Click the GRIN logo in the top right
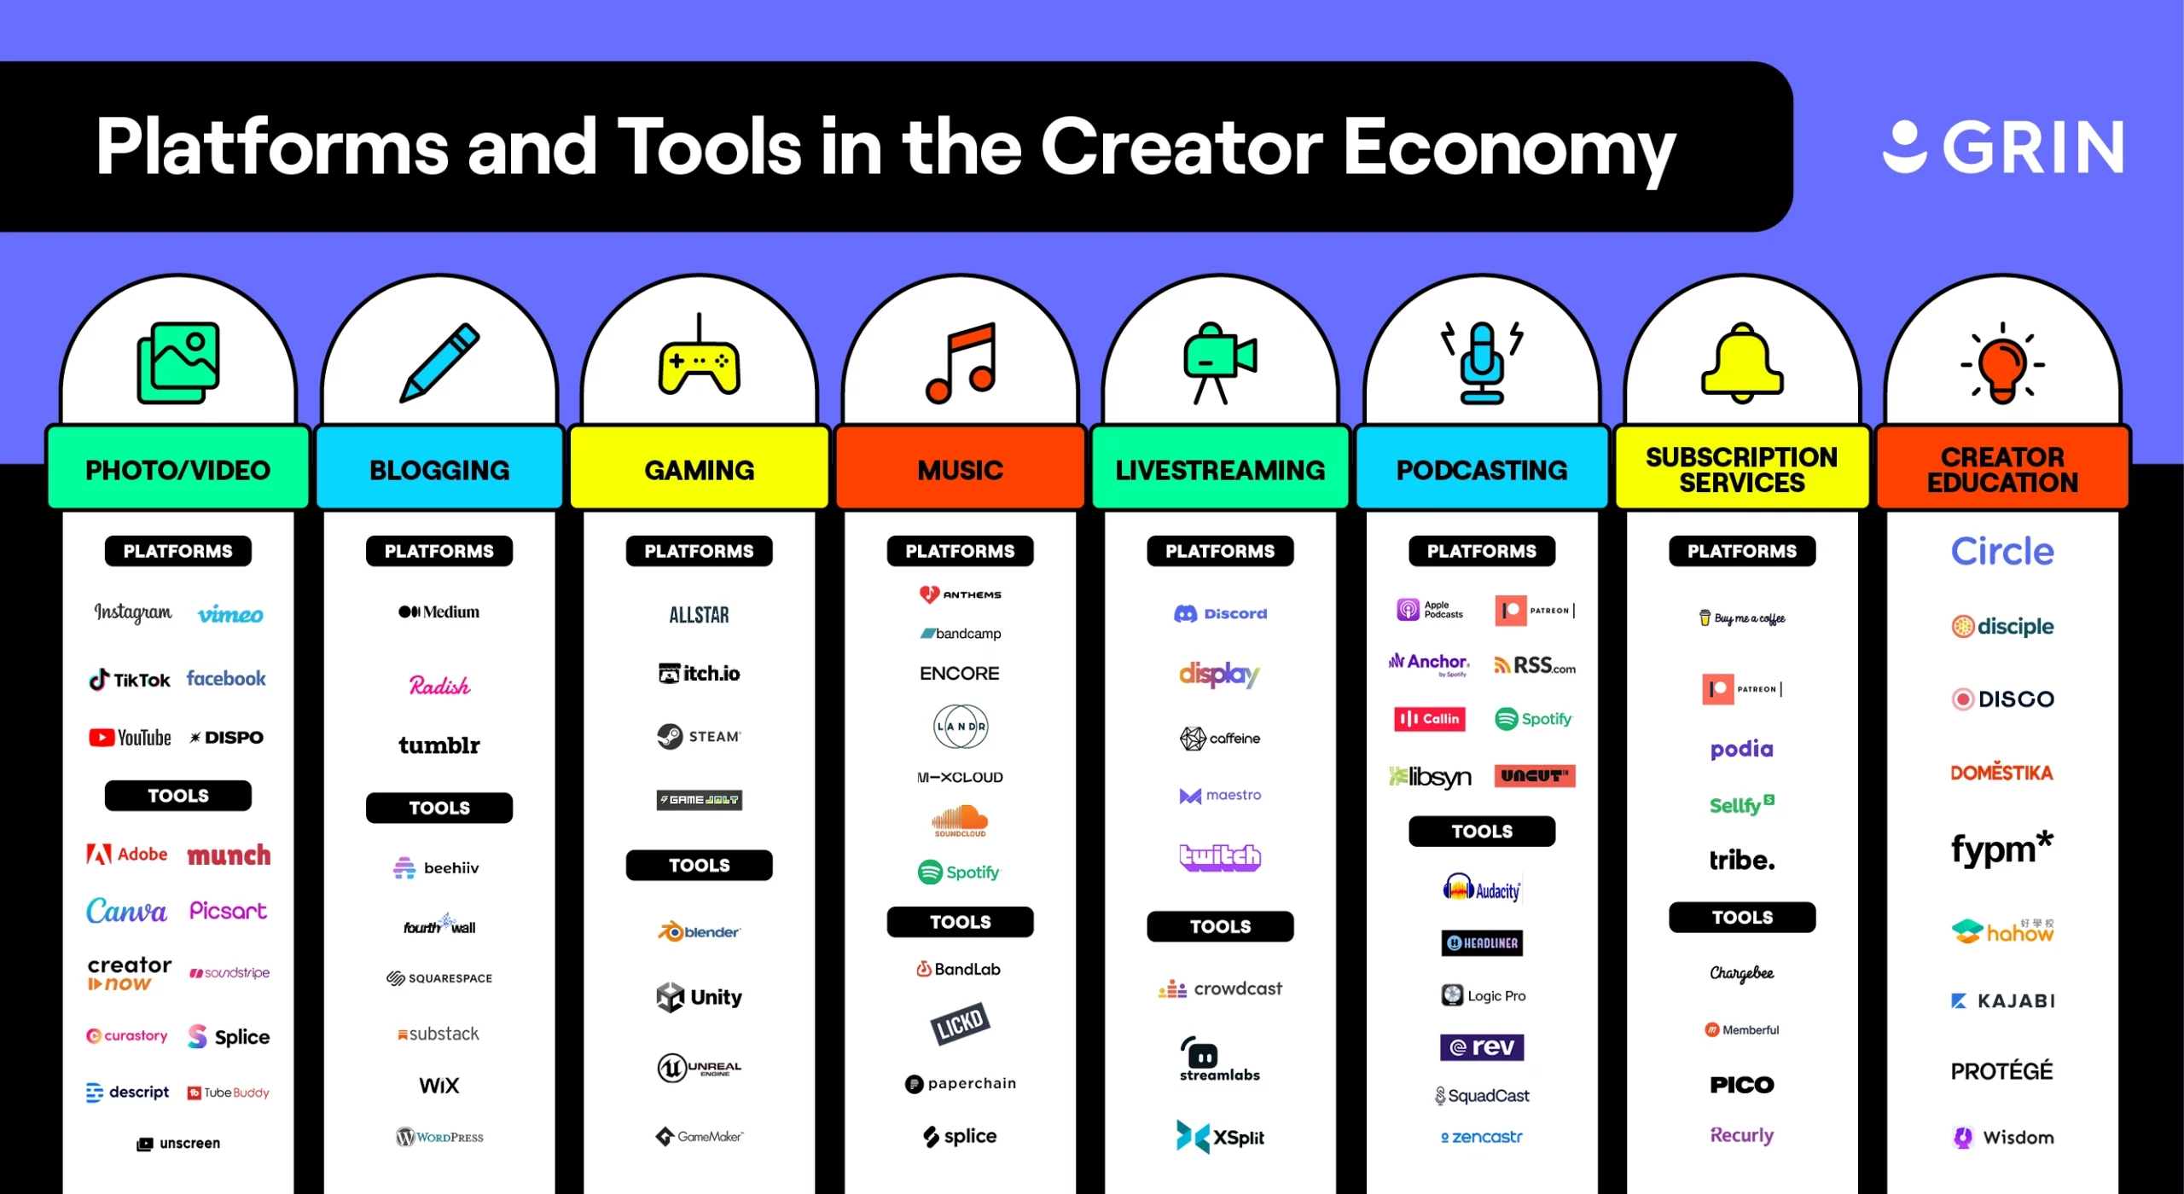click(2002, 147)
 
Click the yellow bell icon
click(1741, 363)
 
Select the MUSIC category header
click(960, 470)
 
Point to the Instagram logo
click(133, 612)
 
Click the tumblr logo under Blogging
click(439, 745)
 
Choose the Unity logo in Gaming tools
click(699, 996)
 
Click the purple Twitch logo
click(1220, 855)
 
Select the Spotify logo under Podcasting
click(1533, 719)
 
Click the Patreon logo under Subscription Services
click(1741, 689)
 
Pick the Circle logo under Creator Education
click(2001, 552)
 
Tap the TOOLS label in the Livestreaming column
click(1220, 926)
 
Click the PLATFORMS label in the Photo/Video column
click(177, 551)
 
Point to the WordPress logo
click(439, 1137)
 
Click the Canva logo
click(126, 911)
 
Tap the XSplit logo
click(1220, 1137)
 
